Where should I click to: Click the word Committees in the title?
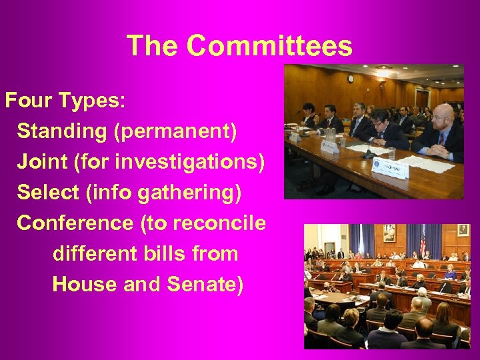point(269,46)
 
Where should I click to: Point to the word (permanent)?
point(175,131)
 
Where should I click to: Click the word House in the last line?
point(85,285)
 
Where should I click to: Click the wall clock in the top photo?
point(351,79)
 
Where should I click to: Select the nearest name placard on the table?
point(389,169)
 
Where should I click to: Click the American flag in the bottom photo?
point(423,241)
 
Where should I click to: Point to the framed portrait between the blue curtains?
point(389,233)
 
